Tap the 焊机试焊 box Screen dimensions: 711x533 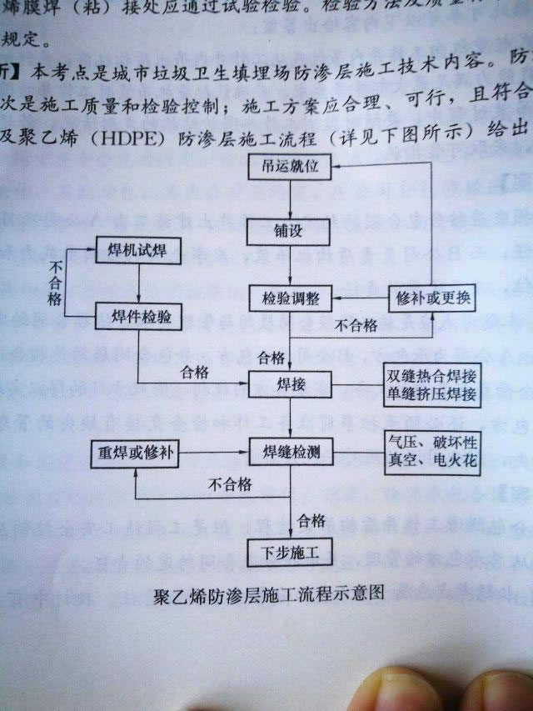tap(137, 251)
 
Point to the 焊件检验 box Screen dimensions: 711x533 tap(137, 317)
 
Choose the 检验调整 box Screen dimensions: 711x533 tap(290, 298)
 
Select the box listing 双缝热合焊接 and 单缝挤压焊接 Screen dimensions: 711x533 tap(432, 384)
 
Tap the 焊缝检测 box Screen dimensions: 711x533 tap(290, 453)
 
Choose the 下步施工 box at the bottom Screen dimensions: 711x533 tap(290, 550)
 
